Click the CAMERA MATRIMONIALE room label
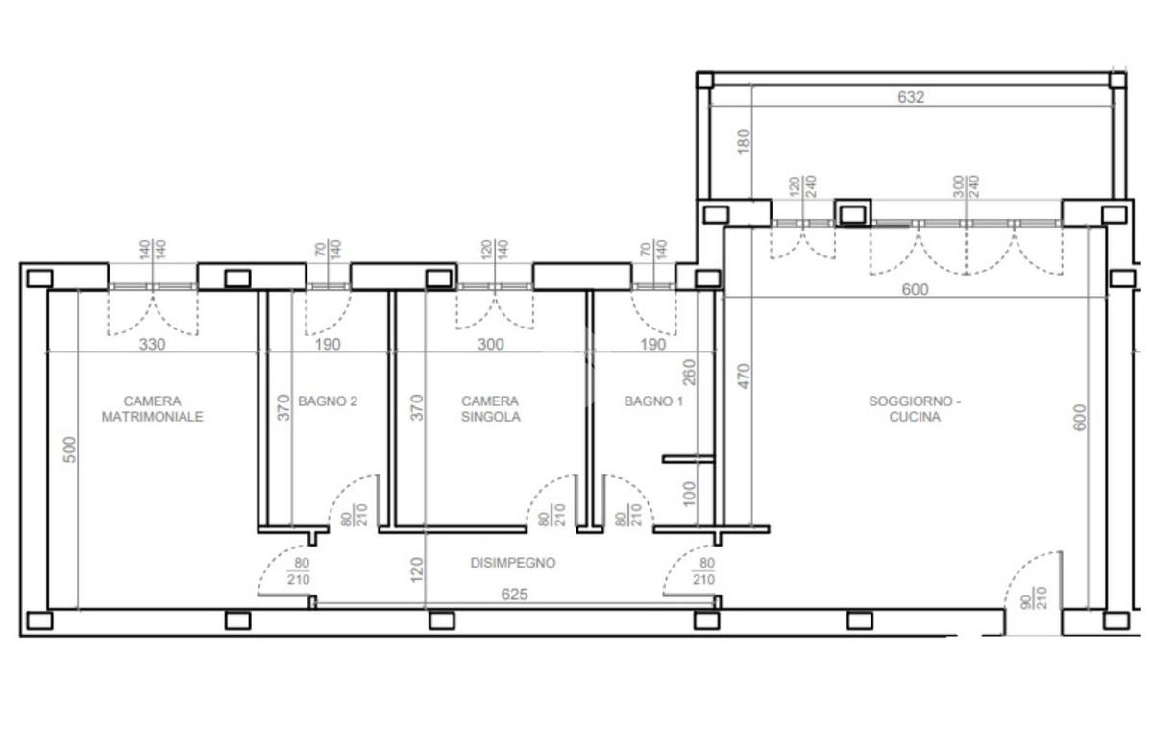[153, 409]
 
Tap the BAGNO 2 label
[328, 401]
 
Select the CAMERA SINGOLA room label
[491, 409]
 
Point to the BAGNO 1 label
[653, 401]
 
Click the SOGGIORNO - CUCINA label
[915, 409]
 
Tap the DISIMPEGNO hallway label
[513, 563]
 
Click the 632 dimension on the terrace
[911, 97]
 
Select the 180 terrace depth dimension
[744, 141]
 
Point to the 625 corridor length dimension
[514, 595]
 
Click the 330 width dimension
[153, 344]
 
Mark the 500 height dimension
[70, 450]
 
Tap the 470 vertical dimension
[745, 377]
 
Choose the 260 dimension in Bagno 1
[689, 373]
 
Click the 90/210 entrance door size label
[1034, 597]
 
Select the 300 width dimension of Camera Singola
[491, 344]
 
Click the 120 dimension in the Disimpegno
[417, 570]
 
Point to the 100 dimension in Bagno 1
[689, 494]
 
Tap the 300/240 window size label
[966, 186]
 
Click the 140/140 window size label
[153, 250]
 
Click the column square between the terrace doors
[853, 213]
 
